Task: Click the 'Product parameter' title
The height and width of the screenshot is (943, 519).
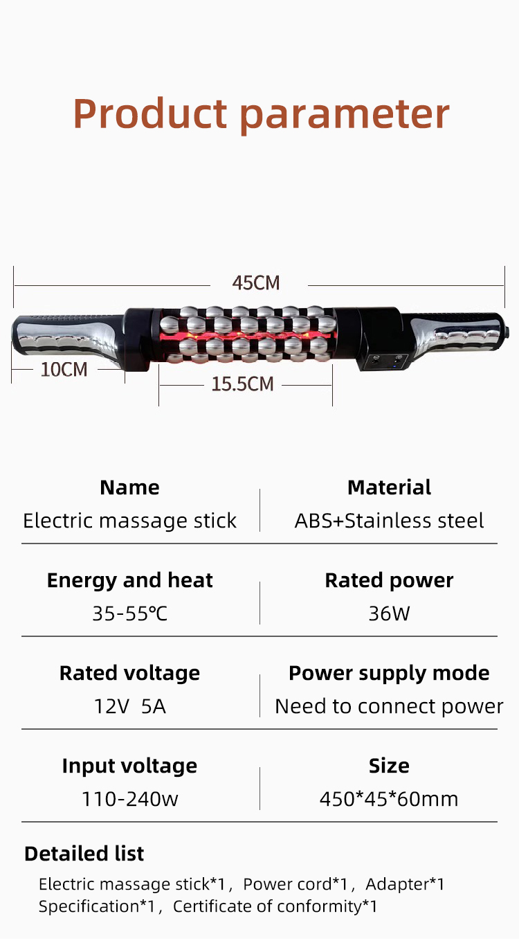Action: click(262, 114)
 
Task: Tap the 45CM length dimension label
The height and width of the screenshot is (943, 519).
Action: click(256, 283)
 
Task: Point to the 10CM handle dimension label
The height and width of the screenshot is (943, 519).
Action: click(64, 369)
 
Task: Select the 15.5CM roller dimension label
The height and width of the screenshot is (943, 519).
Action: click(242, 384)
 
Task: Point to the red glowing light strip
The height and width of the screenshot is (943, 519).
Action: click(248, 336)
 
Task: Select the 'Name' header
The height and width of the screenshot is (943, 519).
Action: click(129, 487)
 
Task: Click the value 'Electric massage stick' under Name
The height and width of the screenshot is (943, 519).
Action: click(129, 521)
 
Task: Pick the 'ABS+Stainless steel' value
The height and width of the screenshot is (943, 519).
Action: click(389, 521)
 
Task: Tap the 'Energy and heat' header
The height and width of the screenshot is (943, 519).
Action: click(129, 580)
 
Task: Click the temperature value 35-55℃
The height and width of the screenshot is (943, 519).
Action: click(129, 613)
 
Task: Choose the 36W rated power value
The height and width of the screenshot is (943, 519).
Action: click(389, 613)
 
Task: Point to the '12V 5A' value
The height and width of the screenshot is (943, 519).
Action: click(129, 706)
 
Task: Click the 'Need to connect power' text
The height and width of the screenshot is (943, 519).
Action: click(389, 706)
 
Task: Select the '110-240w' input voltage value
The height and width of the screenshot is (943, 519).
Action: click(129, 798)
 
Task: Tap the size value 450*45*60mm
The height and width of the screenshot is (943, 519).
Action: click(389, 798)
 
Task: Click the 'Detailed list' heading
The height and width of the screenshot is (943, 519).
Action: click(84, 854)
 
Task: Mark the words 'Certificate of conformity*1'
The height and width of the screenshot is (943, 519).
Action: click(275, 906)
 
